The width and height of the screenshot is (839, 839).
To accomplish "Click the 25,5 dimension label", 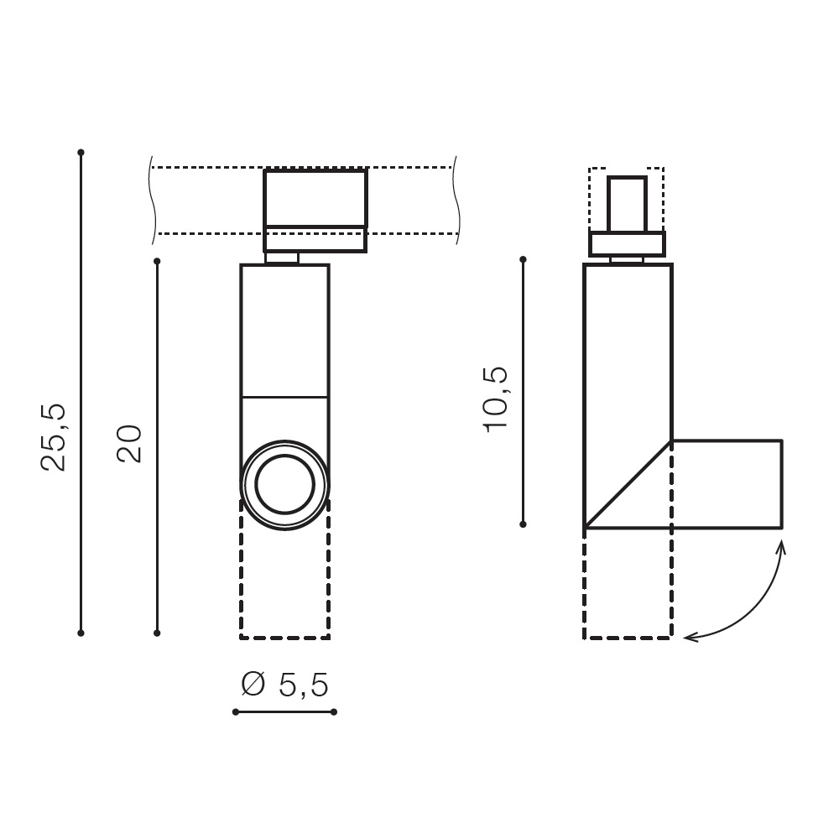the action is click(54, 436).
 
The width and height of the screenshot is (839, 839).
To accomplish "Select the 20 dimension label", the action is click(129, 443).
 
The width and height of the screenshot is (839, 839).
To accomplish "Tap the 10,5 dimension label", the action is click(496, 399).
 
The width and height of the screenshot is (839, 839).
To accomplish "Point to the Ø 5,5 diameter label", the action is click(284, 685).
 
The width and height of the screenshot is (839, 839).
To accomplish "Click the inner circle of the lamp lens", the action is click(284, 484).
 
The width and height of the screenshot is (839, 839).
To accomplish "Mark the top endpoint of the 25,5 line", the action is click(81, 153).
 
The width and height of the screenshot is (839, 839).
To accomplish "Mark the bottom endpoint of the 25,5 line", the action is click(81, 633).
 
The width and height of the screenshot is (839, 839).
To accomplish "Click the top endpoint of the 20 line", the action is click(157, 261).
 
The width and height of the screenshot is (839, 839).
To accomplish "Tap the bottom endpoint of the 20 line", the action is click(157, 633).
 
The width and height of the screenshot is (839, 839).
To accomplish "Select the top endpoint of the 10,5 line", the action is click(524, 259).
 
